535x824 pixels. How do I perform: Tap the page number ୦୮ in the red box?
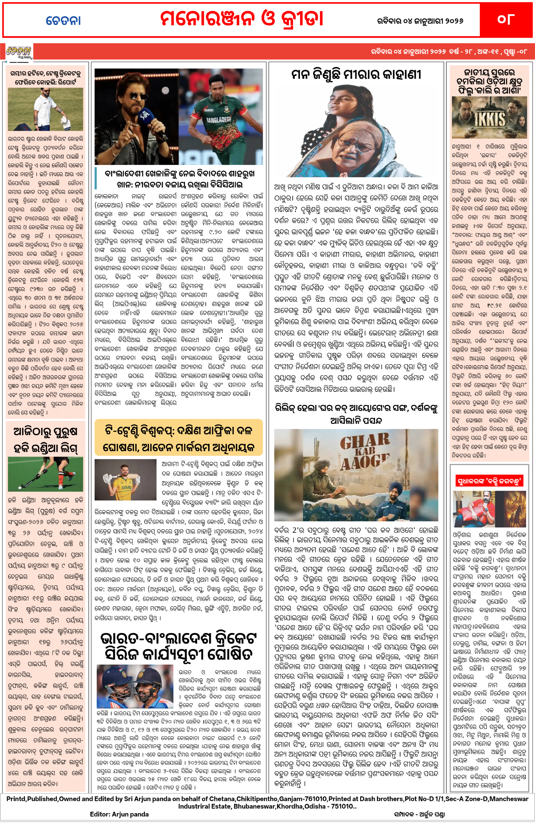[x=505, y=19]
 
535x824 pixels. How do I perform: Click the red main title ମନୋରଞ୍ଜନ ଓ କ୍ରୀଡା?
[x=241, y=19]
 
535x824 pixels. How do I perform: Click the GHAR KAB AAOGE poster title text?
[x=364, y=452]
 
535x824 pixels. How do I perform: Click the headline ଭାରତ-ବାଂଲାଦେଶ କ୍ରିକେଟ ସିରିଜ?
[x=179, y=647]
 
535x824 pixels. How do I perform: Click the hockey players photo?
[x=45, y=474]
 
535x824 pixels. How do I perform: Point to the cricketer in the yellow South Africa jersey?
[x=126, y=479]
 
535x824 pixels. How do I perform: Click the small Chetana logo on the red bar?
[x=19, y=52]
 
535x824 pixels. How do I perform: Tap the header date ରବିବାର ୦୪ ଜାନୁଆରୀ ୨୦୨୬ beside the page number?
[x=420, y=21]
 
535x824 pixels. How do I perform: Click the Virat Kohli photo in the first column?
[x=45, y=109]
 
